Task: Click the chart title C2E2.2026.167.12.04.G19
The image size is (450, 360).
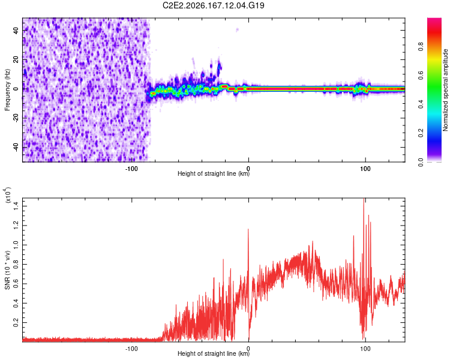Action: coord(213,5)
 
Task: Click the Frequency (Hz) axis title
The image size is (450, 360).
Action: coord(7,89)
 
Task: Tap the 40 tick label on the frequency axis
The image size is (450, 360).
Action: coord(16,30)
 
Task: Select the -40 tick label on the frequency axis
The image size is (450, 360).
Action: coord(16,148)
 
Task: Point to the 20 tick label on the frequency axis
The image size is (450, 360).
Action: coord(16,59)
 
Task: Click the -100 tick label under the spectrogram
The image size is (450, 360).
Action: coord(131,169)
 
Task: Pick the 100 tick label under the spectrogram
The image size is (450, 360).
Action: coord(365,169)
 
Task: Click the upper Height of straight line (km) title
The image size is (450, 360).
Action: coord(214,173)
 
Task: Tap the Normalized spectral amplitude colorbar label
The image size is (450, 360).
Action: coord(445,90)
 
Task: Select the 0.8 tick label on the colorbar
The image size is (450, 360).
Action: coord(421,46)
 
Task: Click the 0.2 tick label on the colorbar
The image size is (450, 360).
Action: coord(421,133)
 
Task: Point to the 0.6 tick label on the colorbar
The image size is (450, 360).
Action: coord(421,75)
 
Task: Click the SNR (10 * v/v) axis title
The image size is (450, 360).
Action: coord(7,270)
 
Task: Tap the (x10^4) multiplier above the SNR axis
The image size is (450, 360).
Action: coord(8,195)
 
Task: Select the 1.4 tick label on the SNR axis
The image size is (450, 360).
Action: coord(16,206)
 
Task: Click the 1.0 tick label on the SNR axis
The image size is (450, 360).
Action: coord(16,245)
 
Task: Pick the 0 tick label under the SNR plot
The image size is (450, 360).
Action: coord(248,349)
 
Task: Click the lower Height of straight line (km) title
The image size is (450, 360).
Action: coord(214,353)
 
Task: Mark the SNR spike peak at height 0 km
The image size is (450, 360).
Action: coord(248,229)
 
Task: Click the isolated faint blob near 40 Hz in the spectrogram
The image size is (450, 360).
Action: coord(237,29)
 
